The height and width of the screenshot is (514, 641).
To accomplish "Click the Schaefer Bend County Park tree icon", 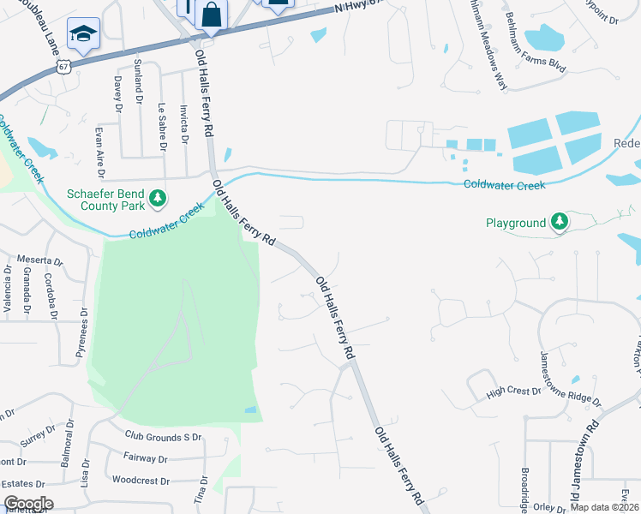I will tap(158, 199).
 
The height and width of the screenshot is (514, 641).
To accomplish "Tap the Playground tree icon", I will tap(560, 223).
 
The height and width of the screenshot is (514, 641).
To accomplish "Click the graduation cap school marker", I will tap(83, 33).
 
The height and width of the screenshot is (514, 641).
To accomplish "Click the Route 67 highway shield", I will tap(63, 66).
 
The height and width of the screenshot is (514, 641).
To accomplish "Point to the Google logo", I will tap(28, 504).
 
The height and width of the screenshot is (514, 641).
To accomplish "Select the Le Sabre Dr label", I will tap(161, 126).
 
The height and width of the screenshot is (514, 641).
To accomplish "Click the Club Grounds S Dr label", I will tap(163, 437).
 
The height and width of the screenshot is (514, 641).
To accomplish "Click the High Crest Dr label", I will tap(513, 391).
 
